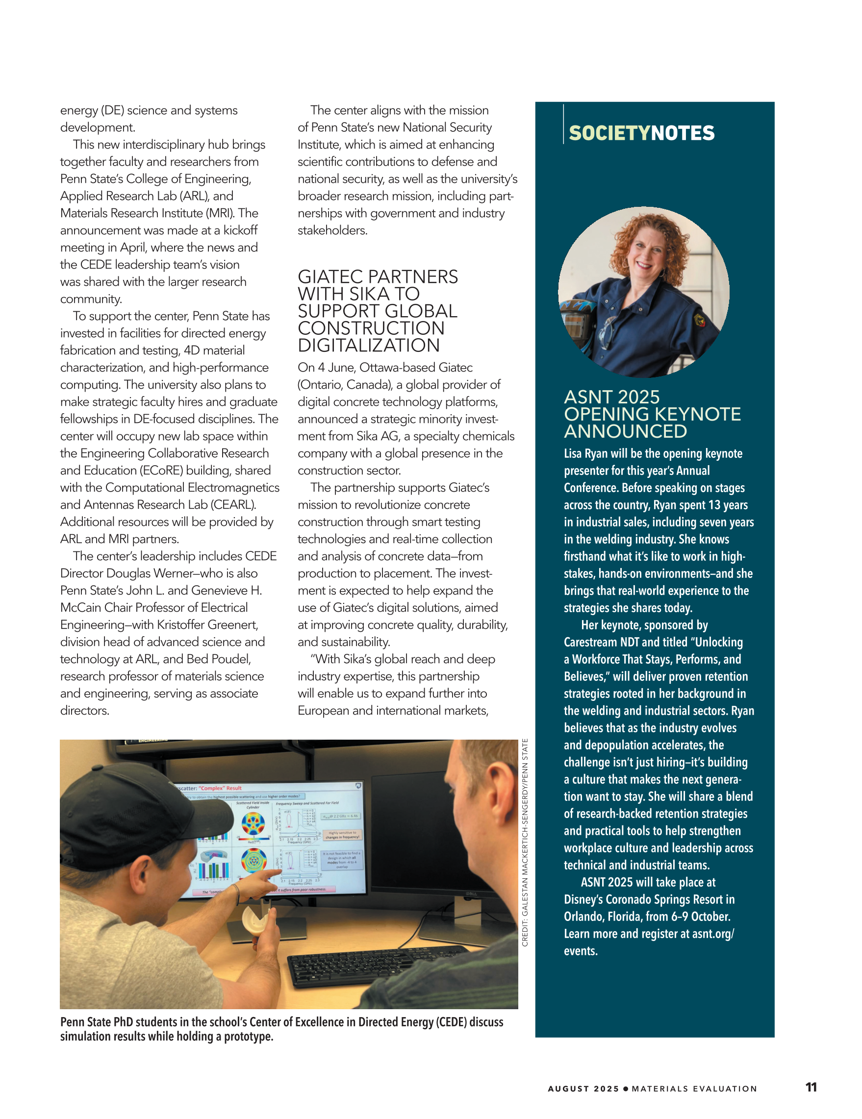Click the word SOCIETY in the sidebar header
click(x=609, y=133)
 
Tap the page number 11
click(x=811, y=1087)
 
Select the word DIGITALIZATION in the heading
click(x=368, y=346)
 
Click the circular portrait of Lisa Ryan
click(x=644, y=292)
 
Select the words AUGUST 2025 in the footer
click(x=583, y=1089)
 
